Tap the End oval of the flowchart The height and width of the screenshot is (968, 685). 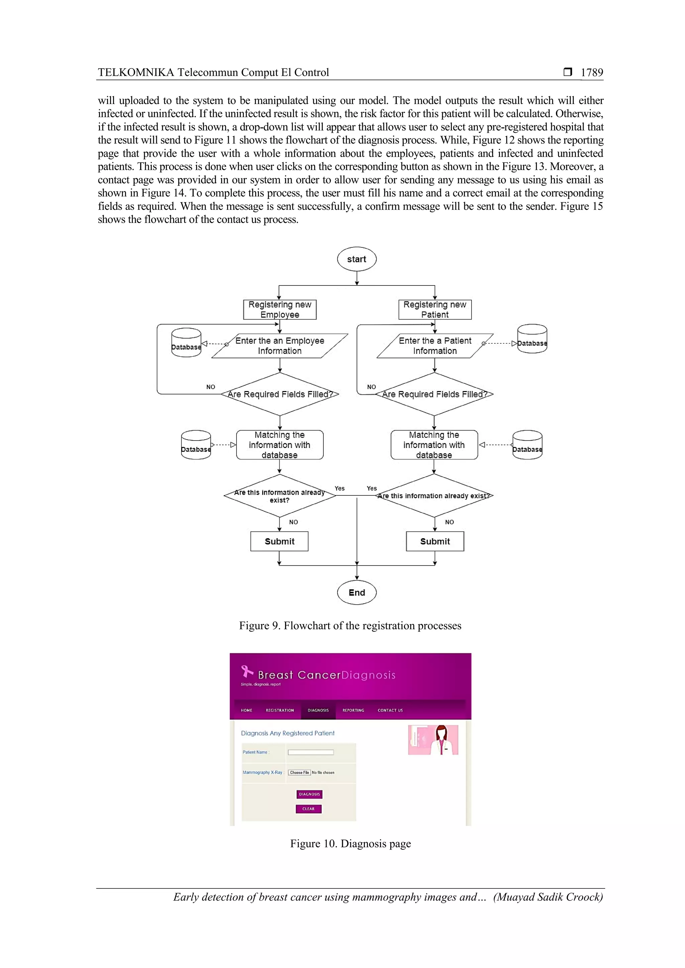coord(357,592)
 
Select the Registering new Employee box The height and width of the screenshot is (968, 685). coord(280,310)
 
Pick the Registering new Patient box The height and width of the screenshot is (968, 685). coord(435,310)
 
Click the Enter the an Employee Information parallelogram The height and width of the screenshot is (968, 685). coord(280,346)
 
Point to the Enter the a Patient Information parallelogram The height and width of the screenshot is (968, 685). coord(435,346)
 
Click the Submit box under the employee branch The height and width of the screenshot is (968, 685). coord(279,541)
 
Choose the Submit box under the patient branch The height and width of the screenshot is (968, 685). coord(435,541)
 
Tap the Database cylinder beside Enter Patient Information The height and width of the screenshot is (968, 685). coord(532,339)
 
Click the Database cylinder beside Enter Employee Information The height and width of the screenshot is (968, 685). coord(186,343)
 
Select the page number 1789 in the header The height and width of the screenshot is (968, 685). coord(592,73)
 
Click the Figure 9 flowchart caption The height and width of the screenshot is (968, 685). coord(350,626)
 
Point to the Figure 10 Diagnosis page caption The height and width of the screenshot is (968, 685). coord(350,844)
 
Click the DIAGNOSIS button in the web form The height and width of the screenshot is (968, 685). coord(309,794)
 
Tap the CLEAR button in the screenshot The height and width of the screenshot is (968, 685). coord(308,809)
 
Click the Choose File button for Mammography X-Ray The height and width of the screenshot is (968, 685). coord(299,773)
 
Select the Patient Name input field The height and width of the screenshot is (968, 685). coord(310,752)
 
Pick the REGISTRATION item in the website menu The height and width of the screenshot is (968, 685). coord(280,710)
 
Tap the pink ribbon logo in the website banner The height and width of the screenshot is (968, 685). coord(247,671)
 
